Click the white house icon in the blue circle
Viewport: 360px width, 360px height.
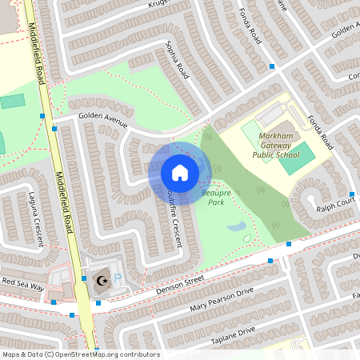[179, 173]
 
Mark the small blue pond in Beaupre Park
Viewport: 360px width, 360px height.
[236, 227]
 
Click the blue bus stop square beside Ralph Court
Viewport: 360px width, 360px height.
[351, 194]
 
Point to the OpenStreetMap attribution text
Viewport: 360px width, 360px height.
[81, 354]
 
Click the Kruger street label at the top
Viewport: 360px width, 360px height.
[161, 6]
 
